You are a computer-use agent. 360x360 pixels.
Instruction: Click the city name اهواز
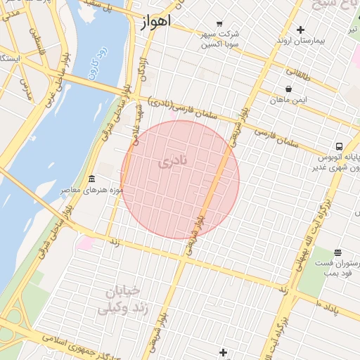156,22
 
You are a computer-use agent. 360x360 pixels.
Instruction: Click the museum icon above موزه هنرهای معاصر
91,179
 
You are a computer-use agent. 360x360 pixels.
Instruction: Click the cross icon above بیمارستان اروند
301,30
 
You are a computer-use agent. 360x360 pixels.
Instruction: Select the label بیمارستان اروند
301,41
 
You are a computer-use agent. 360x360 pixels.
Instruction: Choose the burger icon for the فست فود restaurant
338,252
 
